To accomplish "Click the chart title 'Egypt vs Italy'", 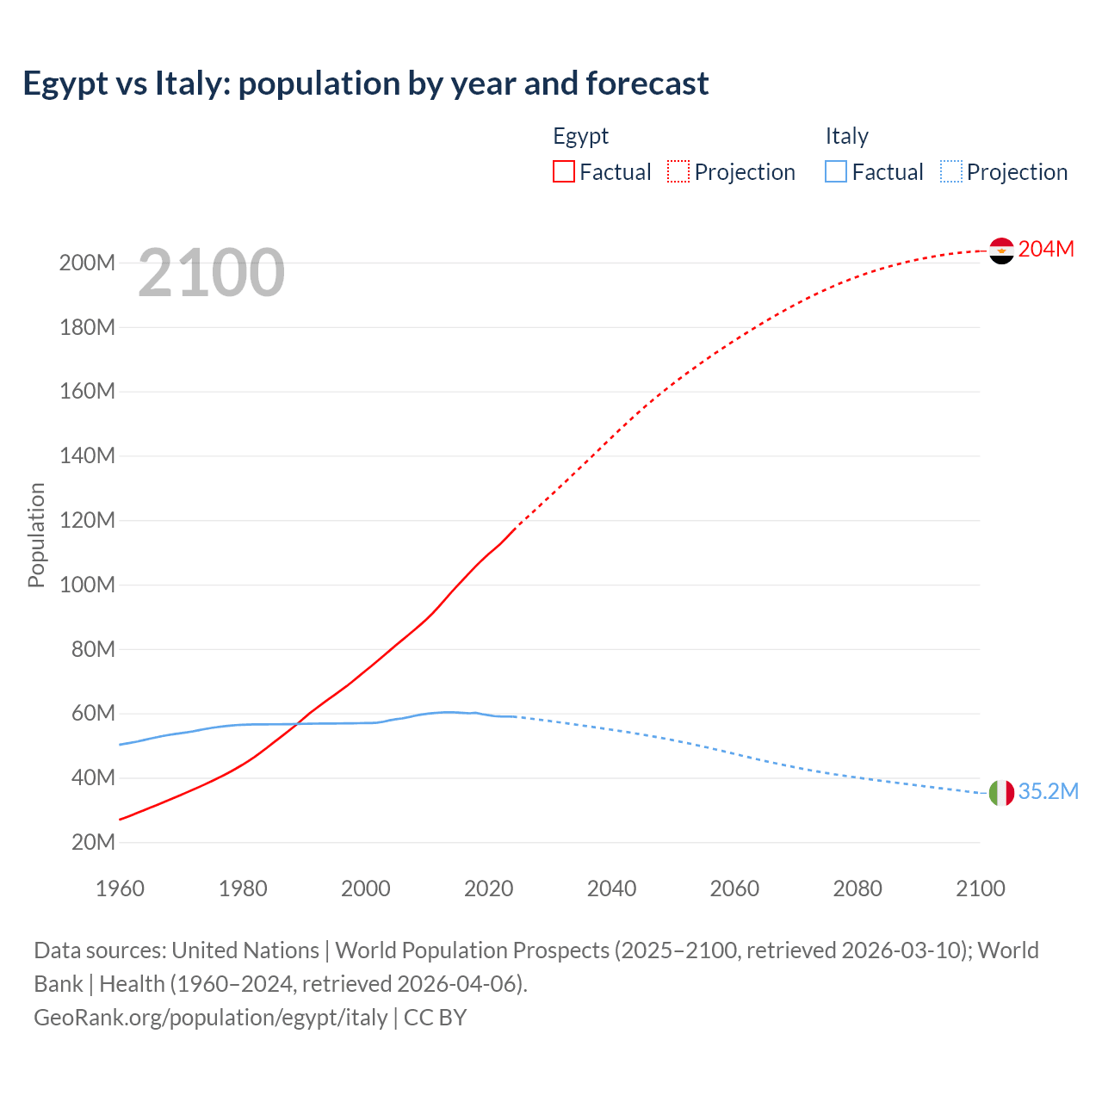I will (x=366, y=84).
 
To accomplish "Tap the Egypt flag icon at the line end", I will (x=1001, y=251).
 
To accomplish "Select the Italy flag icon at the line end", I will (x=1001, y=793).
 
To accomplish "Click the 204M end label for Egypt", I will (x=1046, y=250).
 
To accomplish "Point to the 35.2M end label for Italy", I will (x=1048, y=792).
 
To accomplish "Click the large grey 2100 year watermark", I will (x=211, y=273).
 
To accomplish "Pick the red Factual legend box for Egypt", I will (x=564, y=172).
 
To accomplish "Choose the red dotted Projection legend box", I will (x=678, y=172).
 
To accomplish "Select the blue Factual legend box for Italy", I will (x=836, y=172).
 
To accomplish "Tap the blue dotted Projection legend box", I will (x=951, y=172).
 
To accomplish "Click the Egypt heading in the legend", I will (x=580, y=136).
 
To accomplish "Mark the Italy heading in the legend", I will (x=846, y=136).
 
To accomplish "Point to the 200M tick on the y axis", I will (x=87, y=263).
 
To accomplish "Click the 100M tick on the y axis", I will (x=87, y=585).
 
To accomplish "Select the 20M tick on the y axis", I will (x=92, y=843).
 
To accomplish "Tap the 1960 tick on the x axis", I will (x=120, y=888).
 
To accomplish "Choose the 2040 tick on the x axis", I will (x=611, y=888).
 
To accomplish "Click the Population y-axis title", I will (x=36, y=535).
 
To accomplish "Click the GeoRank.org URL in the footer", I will (x=211, y=1018).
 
